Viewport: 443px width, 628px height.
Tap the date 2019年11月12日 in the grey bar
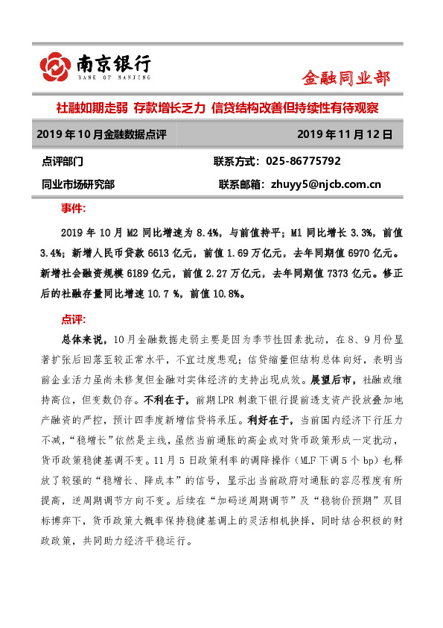tap(344, 135)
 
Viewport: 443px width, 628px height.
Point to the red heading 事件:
tap(73, 207)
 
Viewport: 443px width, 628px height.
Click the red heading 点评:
tap(73, 319)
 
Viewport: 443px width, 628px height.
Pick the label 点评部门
tap(63, 161)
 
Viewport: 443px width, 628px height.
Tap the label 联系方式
tap(235, 161)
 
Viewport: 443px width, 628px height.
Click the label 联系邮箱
tap(240, 183)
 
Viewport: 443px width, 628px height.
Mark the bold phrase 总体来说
tap(77, 339)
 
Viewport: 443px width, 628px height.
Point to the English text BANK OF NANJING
tap(114, 77)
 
